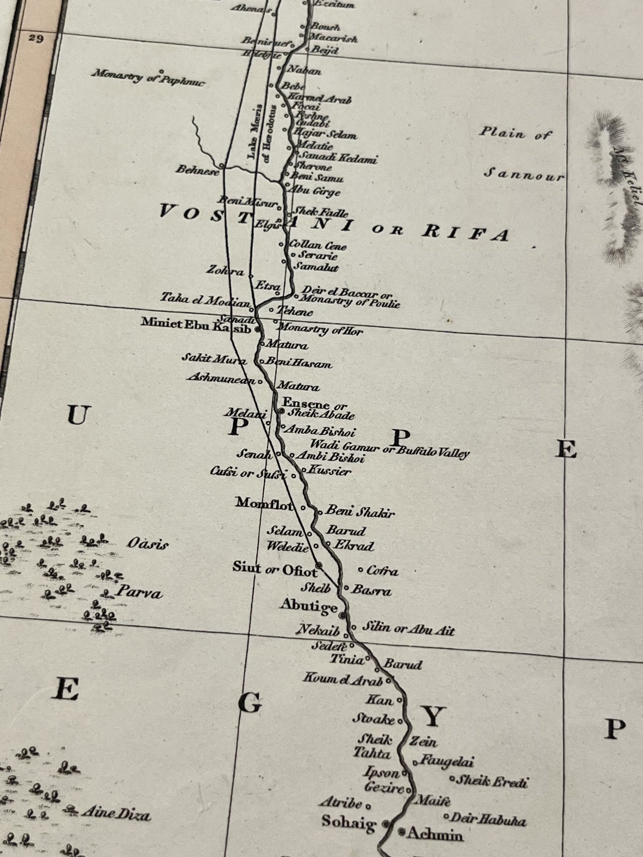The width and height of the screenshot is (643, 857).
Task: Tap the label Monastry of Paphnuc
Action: [x=148, y=78]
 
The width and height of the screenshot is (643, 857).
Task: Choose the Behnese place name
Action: [x=197, y=170]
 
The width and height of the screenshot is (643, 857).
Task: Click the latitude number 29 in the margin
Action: [x=35, y=39]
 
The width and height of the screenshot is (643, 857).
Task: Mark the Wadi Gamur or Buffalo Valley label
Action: [x=390, y=448]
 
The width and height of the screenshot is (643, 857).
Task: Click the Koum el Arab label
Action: [x=343, y=679]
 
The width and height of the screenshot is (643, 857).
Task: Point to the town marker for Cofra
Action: [x=360, y=570]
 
